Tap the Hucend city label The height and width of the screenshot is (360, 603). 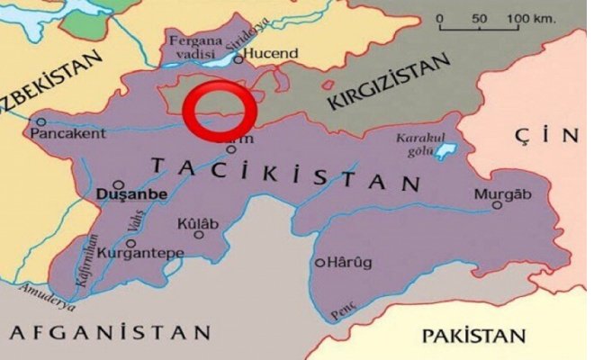(x=271, y=54)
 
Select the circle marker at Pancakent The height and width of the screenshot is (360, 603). (x=40, y=121)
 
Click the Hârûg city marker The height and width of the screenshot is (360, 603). (x=319, y=263)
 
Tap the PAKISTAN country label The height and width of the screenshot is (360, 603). (x=473, y=336)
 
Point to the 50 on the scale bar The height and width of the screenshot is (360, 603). (x=478, y=19)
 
